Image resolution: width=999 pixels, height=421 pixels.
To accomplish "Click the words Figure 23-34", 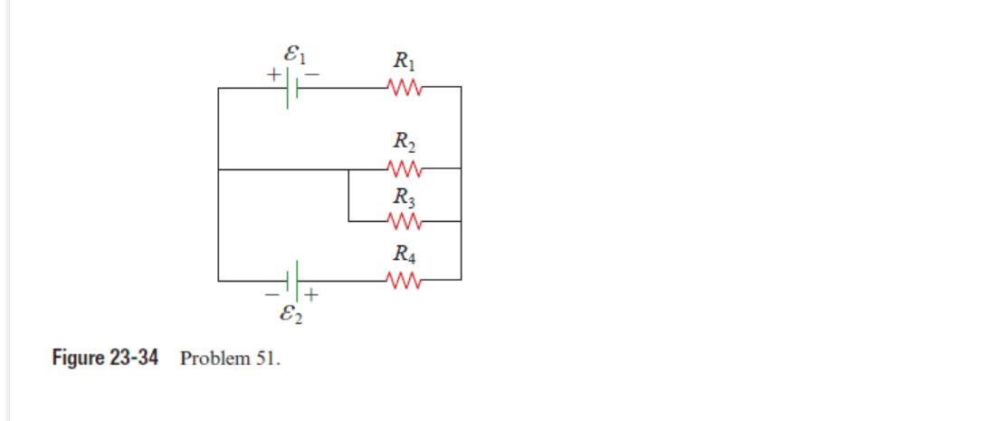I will point(105,358).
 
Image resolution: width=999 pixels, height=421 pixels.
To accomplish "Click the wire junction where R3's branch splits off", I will point(349,168).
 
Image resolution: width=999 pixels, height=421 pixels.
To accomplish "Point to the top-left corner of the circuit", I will point(218,88).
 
